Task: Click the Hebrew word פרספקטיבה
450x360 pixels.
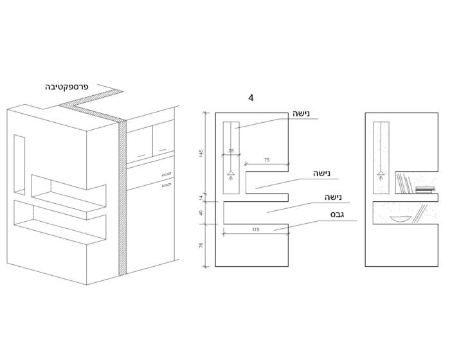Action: pos(67,87)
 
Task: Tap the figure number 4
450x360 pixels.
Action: pos(251,98)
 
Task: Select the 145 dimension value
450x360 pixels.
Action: pos(201,153)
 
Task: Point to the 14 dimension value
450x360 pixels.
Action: pos(201,197)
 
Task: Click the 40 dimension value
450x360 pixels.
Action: pos(201,213)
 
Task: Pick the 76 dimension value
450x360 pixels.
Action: pos(201,245)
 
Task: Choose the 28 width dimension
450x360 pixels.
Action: pos(231,151)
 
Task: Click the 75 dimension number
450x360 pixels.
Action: pos(267,160)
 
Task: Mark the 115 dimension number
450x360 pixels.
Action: pos(255,230)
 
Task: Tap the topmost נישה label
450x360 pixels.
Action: pos(301,114)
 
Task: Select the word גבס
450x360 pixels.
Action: pos(337,215)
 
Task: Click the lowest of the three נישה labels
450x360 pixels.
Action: pos(333,197)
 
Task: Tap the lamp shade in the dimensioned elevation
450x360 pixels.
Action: pos(231,173)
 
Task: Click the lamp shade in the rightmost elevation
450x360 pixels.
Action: pos(381,173)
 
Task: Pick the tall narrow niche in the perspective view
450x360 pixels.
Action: pos(19,165)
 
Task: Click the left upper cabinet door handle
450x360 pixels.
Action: pos(141,156)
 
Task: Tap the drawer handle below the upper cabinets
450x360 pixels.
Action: pos(166,174)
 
